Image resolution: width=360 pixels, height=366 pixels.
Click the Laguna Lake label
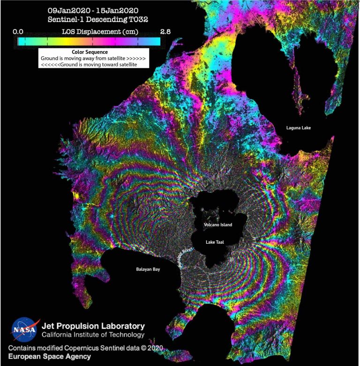[299, 127]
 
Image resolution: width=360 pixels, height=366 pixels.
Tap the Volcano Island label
[218, 225]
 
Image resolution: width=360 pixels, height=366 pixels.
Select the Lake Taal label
[218, 242]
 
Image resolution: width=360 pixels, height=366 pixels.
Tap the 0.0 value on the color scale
[18, 31]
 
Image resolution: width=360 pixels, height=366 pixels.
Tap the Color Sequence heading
[90, 52]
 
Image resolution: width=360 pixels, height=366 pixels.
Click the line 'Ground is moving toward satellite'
[89, 65]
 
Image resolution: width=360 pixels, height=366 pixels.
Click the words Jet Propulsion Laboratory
[93, 326]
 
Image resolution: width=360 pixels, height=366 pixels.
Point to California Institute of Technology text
[93, 335]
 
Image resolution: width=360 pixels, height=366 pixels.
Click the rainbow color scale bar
[89, 41]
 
